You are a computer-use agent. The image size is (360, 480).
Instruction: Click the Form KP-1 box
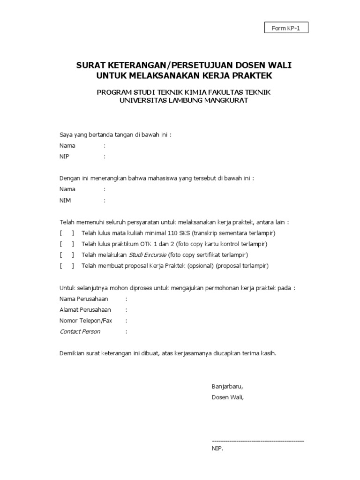click(286, 28)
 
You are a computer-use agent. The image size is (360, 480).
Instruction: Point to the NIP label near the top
click(64, 157)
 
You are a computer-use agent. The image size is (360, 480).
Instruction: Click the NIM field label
click(65, 201)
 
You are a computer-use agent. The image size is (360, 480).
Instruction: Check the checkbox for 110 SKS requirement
click(67, 233)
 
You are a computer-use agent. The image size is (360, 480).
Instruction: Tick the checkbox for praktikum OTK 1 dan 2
click(67, 244)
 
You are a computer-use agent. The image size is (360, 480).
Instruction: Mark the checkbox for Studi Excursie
click(67, 255)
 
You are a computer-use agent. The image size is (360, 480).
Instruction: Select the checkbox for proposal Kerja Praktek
click(67, 266)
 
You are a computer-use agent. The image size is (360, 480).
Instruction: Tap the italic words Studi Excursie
click(147, 255)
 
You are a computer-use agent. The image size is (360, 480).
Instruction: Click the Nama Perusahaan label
click(83, 299)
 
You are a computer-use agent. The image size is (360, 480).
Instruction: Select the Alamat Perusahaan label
click(85, 310)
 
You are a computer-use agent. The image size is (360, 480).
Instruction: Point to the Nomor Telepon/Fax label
click(86, 321)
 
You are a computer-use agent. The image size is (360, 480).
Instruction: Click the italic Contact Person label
click(80, 331)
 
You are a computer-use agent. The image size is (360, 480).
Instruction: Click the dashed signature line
click(258, 441)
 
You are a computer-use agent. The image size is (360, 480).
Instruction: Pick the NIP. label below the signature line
click(217, 449)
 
